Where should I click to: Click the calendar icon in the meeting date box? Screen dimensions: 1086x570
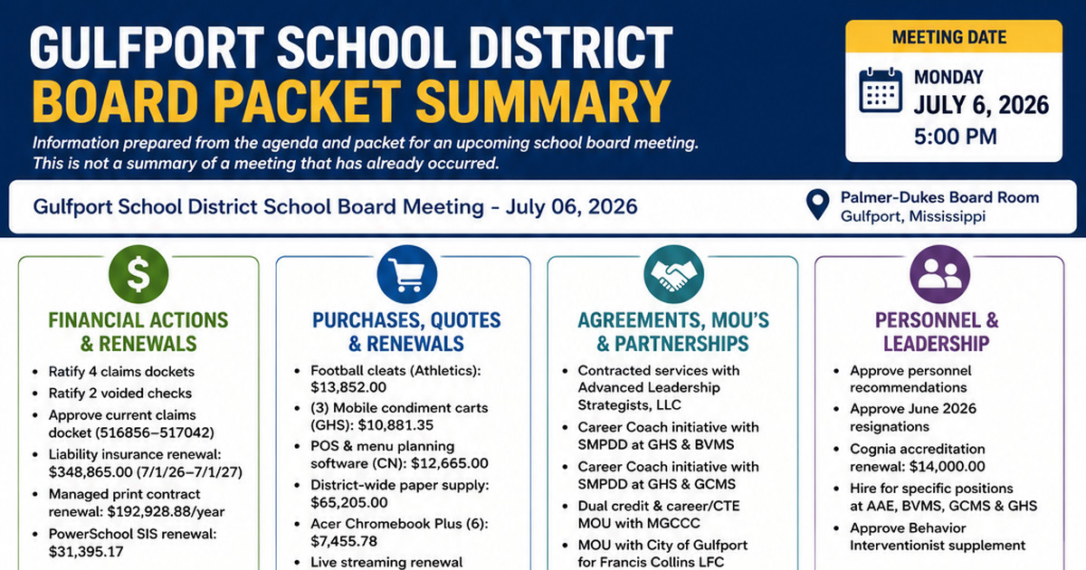(x=881, y=90)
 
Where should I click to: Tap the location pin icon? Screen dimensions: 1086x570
(x=817, y=204)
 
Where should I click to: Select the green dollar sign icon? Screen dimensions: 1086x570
(x=138, y=274)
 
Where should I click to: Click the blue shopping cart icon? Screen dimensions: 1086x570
(x=406, y=274)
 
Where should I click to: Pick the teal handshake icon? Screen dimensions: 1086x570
(x=673, y=274)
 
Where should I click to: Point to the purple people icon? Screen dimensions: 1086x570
(x=939, y=274)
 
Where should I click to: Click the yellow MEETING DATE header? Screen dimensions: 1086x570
(x=949, y=37)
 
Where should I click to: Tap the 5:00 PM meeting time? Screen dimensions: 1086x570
(x=955, y=137)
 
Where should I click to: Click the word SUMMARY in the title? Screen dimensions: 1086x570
(x=543, y=101)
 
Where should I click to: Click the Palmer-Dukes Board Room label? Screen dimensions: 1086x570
(x=939, y=197)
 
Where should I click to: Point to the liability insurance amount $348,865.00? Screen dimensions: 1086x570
(x=90, y=472)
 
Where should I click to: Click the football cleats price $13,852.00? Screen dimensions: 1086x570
(x=348, y=387)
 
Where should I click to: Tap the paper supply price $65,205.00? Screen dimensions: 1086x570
(x=349, y=502)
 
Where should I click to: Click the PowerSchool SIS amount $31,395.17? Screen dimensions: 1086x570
(x=86, y=552)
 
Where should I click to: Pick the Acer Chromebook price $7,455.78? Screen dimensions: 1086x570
(x=344, y=541)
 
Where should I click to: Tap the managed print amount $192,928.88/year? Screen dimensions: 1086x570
(x=166, y=512)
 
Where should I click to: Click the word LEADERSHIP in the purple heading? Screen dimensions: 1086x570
(x=936, y=344)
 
